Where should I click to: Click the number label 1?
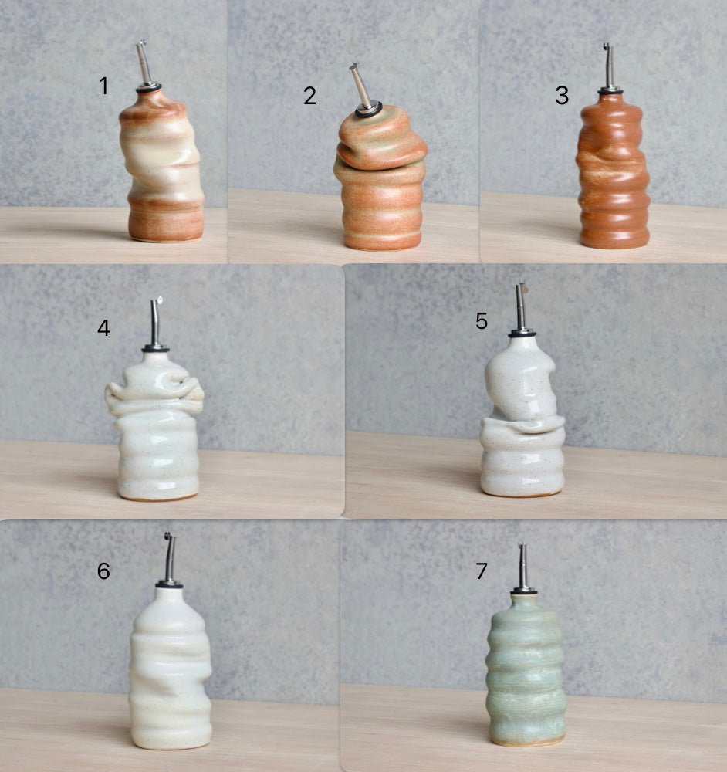[x=103, y=86]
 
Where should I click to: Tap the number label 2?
[x=309, y=96]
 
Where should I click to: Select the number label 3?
[x=562, y=96]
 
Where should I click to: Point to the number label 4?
[x=103, y=327]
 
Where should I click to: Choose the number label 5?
[x=482, y=321]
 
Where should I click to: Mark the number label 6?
[x=103, y=571]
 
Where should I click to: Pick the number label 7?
[x=482, y=571]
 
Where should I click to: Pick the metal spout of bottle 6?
[x=170, y=560]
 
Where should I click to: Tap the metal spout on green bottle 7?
[x=524, y=567]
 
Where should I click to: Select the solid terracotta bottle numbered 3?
[x=614, y=170]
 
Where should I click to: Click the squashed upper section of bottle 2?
[x=380, y=139]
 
